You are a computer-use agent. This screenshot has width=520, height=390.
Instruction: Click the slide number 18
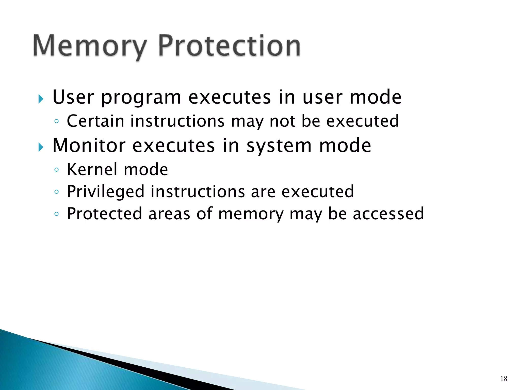click(x=504, y=379)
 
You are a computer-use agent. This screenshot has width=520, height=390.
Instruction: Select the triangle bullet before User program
click(x=41, y=99)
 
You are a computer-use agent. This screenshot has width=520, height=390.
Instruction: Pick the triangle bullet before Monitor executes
click(x=41, y=147)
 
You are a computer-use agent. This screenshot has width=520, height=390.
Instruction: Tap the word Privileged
click(x=105, y=192)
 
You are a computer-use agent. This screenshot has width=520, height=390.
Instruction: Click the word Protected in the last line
click(x=104, y=214)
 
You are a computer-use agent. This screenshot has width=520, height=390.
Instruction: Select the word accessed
click(x=388, y=214)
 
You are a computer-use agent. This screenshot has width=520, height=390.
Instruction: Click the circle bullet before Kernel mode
click(x=57, y=170)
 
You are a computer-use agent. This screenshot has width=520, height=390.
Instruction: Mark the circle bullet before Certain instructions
click(x=57, y=121)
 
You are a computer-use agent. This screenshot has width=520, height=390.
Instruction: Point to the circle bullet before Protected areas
click(x=57, y=214)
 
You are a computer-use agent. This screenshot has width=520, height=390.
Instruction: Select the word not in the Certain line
click(x=282, y=121)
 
